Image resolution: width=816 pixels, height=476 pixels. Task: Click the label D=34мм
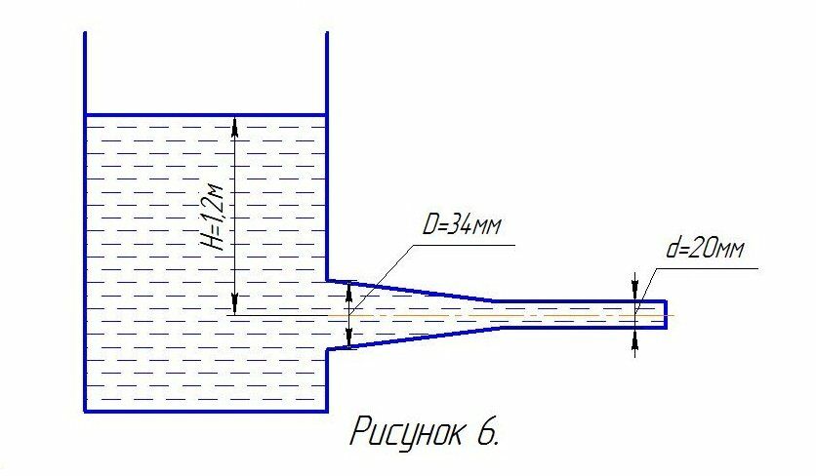[x=462, y=226]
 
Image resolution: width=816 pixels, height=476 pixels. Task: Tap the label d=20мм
[x=705, y=249]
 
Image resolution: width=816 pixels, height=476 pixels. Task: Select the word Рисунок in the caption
[x=408, y=431]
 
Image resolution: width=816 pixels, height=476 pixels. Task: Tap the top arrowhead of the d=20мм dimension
[x=635, y=293]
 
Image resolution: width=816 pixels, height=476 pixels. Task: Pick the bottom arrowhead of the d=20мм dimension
[x=635, y=337]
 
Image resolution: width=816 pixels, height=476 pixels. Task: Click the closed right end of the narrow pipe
[x=666, y=314]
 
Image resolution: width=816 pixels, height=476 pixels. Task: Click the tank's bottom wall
[x=205, y=411]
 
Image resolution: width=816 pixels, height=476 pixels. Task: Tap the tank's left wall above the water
[x=86, y=73]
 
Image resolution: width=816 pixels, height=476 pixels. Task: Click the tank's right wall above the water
[x=326, y=73]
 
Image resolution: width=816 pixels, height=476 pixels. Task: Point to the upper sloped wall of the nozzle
[x=410, y=290]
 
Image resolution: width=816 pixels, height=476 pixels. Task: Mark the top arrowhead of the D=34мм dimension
[x=349, y=288]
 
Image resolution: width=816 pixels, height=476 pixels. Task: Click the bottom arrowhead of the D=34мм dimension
[x=349, y=342]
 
